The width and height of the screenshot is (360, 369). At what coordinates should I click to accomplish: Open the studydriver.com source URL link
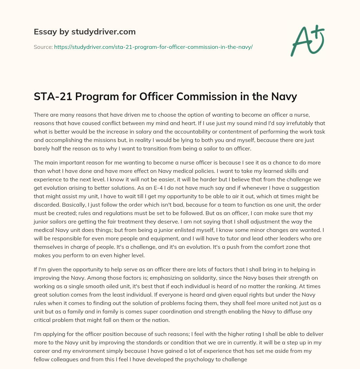[x=153, y=47]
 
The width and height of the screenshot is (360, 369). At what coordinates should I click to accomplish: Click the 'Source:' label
[x=43, y=47]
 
